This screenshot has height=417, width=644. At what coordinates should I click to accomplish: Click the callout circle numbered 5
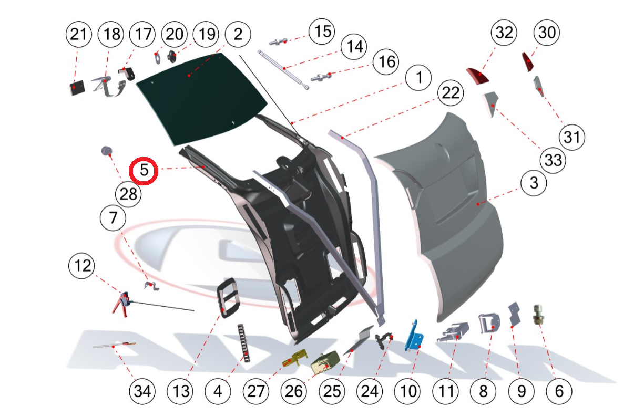coord(144,171)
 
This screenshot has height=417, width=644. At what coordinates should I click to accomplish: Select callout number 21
coord(78,35)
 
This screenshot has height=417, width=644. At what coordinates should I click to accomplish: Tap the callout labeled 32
coord(504,33)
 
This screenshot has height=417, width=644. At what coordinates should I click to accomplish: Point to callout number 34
coord(143,391)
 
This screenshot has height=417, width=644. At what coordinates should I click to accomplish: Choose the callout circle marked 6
coord(558,391)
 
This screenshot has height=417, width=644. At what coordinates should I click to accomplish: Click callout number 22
coord(451,94)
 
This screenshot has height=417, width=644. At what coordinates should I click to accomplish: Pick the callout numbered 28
coord(128,194)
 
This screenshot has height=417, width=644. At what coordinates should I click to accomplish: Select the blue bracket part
coord(415,337)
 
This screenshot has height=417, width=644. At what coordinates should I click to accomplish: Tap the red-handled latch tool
coord(122,303)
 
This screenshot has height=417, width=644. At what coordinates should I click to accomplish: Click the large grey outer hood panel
coord(447,210)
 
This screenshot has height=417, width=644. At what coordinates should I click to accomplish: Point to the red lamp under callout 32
coord(478,76)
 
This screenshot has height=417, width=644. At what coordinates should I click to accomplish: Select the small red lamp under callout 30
coord(527,62)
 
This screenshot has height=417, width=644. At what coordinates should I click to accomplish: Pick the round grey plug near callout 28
coord(107,151)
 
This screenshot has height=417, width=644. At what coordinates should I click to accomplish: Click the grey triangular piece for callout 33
coord(491,103)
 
